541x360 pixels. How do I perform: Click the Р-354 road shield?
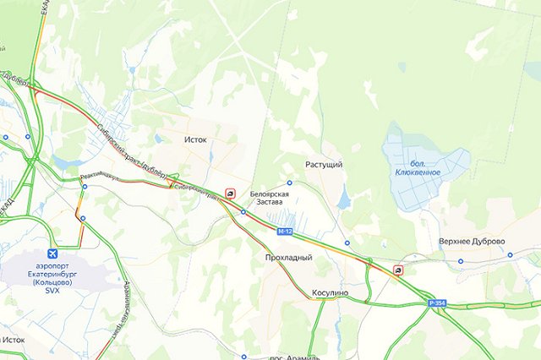[436, 303]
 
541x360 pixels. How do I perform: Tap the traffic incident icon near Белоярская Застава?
[231, 194]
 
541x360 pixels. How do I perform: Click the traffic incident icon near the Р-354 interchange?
[398, 270]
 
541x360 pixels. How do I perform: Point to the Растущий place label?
[323, 165]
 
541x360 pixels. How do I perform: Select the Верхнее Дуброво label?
[472, 242]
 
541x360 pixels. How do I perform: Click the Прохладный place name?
[288, 257]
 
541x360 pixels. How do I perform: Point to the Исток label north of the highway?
[195, 140]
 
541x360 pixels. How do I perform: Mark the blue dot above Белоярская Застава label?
[289, 183]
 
